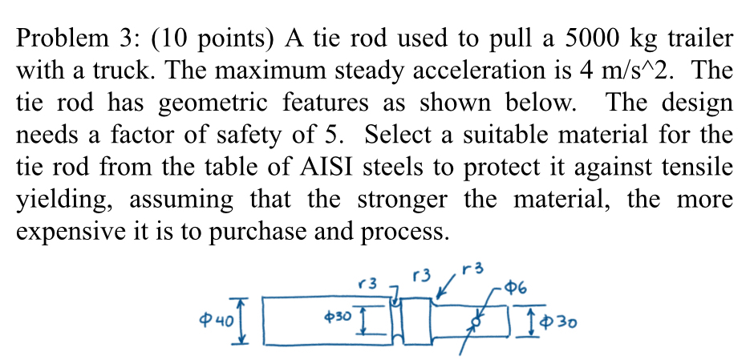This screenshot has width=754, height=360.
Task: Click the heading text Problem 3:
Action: [71, 38]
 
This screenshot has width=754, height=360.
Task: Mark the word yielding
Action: [64, 200]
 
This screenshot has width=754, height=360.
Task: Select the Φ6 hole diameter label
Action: [515, 288]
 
